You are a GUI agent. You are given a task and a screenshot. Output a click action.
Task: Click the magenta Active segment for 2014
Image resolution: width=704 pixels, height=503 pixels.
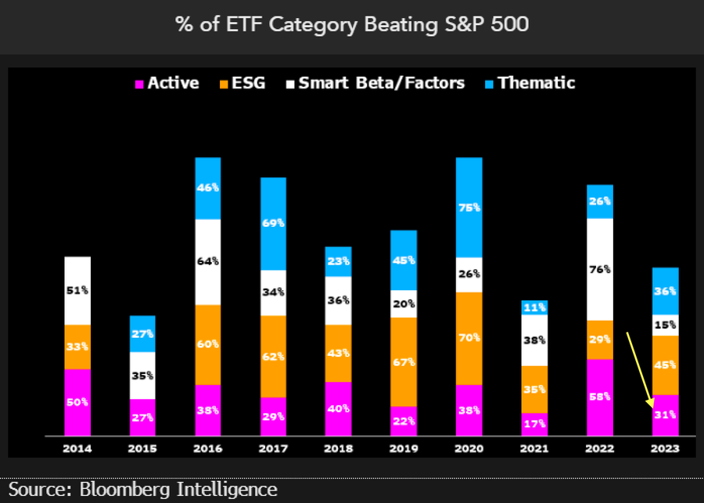pos(77,401)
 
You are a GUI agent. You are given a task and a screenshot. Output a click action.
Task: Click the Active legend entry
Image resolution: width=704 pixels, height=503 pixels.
pos(167,83)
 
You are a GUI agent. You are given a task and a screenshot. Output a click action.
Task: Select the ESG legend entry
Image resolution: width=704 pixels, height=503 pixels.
pos(242,83)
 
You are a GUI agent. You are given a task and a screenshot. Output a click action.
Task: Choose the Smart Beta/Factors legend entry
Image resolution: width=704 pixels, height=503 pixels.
pos(380,83)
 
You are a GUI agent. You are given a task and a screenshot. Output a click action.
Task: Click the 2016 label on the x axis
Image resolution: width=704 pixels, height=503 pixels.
pos(208,448)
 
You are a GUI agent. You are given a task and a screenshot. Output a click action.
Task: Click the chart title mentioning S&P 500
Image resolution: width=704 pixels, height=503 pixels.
pos(352,24)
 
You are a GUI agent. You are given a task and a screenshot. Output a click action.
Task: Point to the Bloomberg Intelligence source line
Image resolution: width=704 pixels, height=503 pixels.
pos(143,490)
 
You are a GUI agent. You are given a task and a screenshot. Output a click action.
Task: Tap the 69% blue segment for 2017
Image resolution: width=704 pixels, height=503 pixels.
pos(274,224)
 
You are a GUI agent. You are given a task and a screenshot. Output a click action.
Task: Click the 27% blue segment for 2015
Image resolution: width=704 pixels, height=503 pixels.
pos(142,334)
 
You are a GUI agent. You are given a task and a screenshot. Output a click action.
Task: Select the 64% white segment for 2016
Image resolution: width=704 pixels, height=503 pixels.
pos(208,262)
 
